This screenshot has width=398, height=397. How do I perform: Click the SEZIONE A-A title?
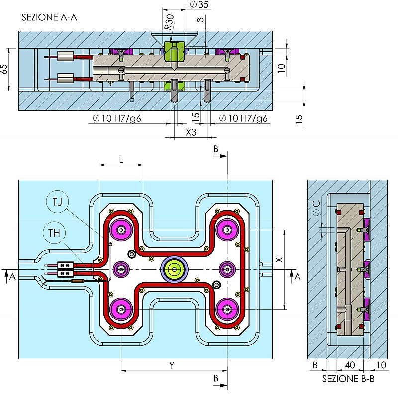49,17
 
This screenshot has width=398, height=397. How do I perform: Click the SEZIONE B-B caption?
348,379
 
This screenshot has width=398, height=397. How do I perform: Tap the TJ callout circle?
57,202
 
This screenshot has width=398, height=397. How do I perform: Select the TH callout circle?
54,233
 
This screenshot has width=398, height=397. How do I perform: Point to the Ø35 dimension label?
199,4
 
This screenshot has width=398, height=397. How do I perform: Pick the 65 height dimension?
4,69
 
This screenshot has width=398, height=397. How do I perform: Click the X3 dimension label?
191,132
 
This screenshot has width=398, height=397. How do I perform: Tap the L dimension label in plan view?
121,160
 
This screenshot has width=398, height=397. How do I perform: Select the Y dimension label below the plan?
172,365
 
